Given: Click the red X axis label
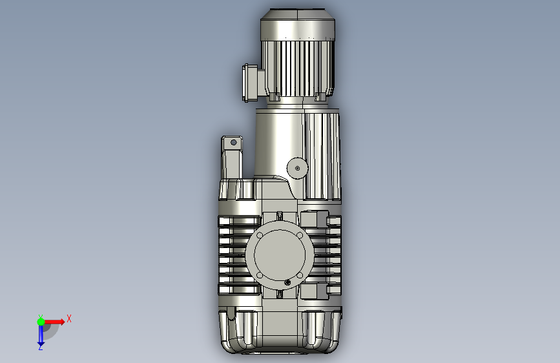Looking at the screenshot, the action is pyautogui.click(x=69, y=318).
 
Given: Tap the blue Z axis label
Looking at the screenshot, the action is pyautogui.click(x=41, y=347).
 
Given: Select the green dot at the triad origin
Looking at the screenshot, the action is pyautogui.click(x=41, y=322).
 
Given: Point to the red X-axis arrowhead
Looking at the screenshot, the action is pyautogui.click(x=62, y=322).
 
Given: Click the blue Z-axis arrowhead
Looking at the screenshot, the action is pyautogui.click(x=41, y=344).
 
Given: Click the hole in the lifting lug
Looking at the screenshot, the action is pyautogui.click(x=234, y=143).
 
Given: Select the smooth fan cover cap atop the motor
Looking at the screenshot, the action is pyautogui.click(x=298, y=25).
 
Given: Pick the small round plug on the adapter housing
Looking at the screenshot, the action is pyautogui.click(x=297, y=168).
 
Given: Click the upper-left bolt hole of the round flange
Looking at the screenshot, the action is pyautogui.click(x=260, y=235).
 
